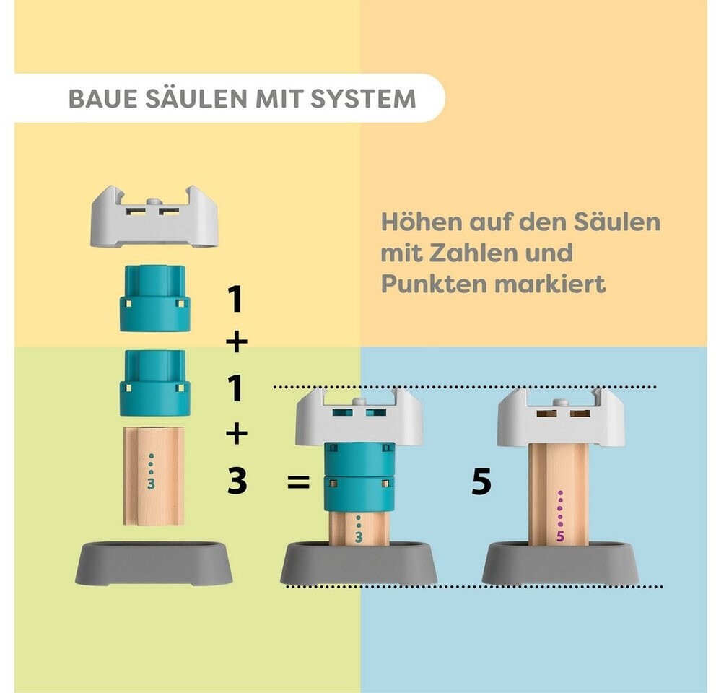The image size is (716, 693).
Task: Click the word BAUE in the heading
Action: [x=102, y=99]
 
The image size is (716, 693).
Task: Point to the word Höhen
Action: [x=422, y=222]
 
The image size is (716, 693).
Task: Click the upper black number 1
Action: [x=235, y=300]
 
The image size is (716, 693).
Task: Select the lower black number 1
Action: [x=235, y=388]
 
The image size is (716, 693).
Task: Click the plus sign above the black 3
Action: [x=237, y=433]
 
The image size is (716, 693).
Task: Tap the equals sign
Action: [x=299, y=481]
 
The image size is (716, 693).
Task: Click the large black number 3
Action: [x=237, y=481]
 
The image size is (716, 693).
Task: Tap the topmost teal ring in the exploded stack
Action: [x=154, y=298]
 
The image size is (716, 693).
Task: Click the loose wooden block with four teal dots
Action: [x=154, y=476]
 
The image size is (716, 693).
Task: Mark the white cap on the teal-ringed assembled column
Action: [x=359, y=417]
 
